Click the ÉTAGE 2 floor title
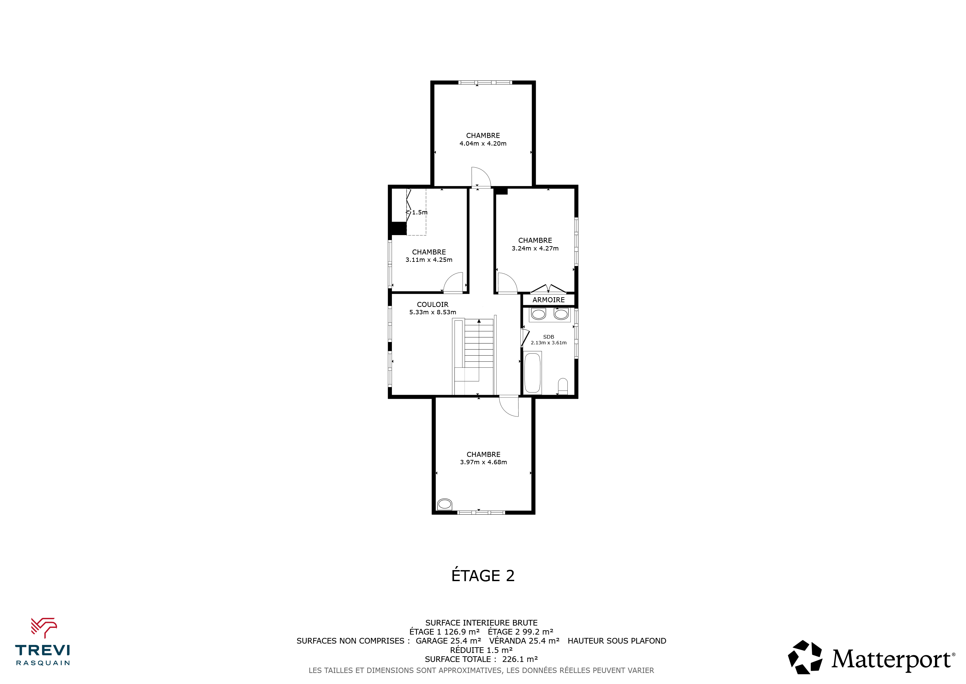(x=483, y=575)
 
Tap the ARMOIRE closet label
(x=549, y=300)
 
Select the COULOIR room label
(x=433, y=305)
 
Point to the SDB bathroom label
(x=549, y=337)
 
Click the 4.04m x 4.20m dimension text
(x=483, y=144)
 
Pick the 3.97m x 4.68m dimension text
(x=483, y=462)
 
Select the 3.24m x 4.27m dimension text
(x=535, y=248)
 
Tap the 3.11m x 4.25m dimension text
(x=429, y=260)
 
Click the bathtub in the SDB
(x=533, y=373)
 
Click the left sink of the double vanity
(x=538, y=314)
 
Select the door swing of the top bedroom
(x=484, y=173)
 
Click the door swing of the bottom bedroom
(x=507, y=409)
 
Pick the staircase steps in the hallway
(x=479, y=343)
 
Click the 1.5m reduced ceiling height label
(x=420, y=212)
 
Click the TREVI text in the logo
(x=42, y=650)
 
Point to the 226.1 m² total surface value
(x=520, y=659)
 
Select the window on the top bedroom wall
(x=485, y=82)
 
